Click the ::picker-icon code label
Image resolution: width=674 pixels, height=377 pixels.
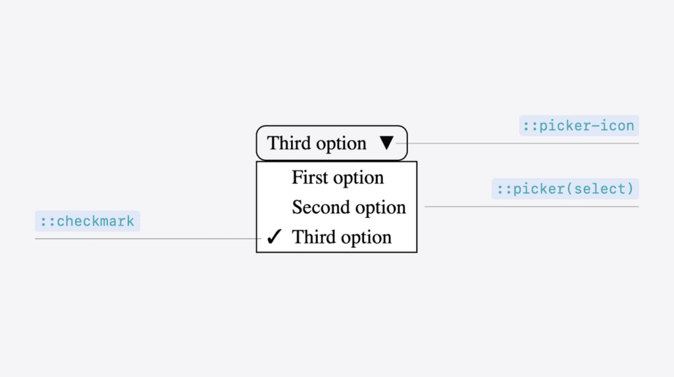(579, 126)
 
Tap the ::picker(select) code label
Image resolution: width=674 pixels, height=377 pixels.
(565, 189)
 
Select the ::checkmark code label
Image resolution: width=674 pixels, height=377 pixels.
(88, 221)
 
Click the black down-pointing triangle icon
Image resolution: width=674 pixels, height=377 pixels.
(386, 143)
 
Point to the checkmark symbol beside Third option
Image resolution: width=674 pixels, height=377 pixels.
(274, 236)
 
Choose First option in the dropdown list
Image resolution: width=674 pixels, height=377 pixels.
(338, 178)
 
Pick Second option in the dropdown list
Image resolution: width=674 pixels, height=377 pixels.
(349, 207)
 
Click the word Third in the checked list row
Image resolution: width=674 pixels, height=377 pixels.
(313, 237)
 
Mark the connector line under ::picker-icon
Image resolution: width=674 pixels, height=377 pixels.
(517, 143)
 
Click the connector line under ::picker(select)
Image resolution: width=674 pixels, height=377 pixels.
(532, 207)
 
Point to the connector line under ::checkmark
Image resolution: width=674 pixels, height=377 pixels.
(148, 238)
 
